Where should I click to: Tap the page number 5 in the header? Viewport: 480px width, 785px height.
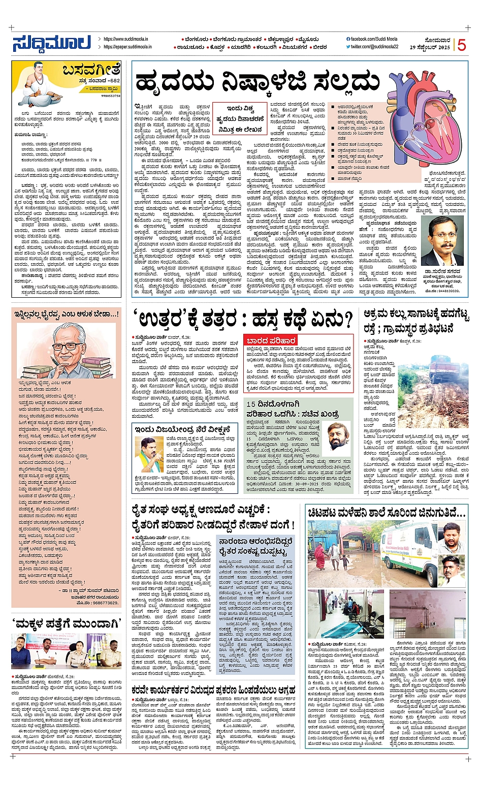point(461,45)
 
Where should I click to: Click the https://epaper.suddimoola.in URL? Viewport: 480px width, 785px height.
point(126,47)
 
